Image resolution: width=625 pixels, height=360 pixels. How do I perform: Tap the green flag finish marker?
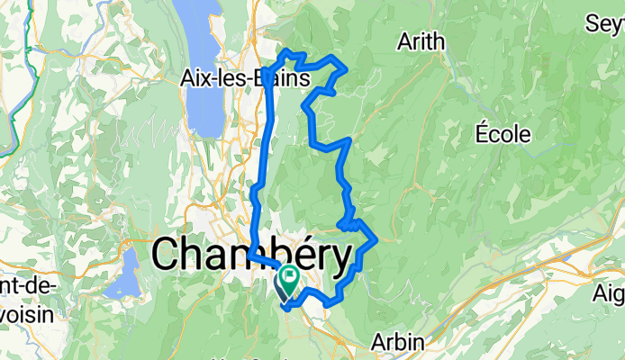click(x=292, y=275)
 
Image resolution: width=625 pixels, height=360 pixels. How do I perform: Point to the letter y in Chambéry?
click(x=339, y=259)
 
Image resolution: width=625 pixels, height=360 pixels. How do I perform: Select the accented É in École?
click(x=482, y=132)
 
